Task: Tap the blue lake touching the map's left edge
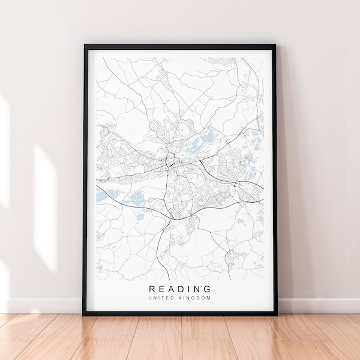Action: pyautogui.click(x=100, y=196)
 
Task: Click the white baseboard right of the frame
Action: pyautogui.click(x=318, y=305)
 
